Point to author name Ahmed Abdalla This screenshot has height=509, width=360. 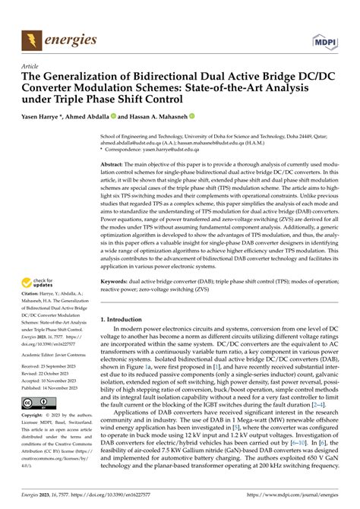93,117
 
